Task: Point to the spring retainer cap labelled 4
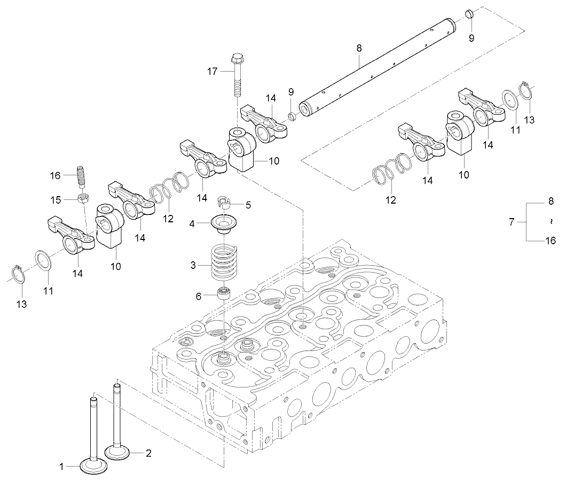pos(224,223)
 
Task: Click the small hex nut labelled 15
pos(83,199)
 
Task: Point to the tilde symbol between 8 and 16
pos(551,221)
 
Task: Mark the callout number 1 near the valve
pos(62,467)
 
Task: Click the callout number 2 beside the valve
pos(148,453)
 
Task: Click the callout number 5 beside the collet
pos(247,204)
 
